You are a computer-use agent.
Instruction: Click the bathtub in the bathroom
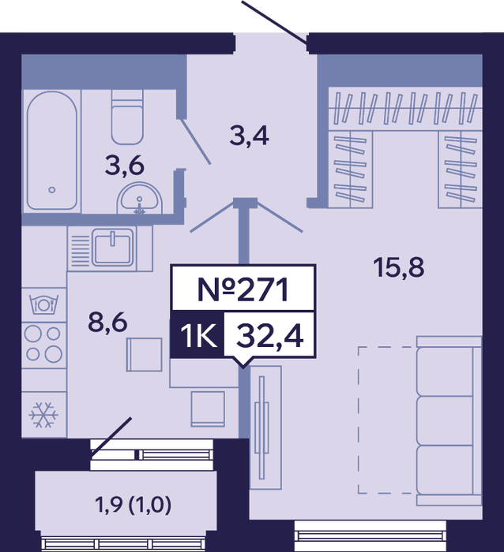tap(52, 151)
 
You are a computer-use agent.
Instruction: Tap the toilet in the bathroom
tap(127, 117)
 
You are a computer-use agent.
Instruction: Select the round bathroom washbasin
tap(139, 198)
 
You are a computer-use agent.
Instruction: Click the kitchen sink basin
tap(112, 247)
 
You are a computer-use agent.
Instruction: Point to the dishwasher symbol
tap(43, 304)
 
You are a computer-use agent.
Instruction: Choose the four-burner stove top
tap(43, 345)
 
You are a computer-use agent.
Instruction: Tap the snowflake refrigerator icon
tap(43, 415)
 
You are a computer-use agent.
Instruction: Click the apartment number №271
tap(243, 289)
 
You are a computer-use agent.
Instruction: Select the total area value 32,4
tap(270, 336)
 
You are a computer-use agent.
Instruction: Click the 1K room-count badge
tap(198, 335)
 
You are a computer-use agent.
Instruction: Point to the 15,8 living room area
tap(399, 267)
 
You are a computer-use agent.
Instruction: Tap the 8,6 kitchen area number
tap(107, 323)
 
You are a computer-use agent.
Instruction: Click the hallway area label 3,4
tap(250, 136)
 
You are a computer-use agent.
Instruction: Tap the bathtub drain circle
tap(52, 190)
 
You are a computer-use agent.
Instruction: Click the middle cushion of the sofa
tap(445, 420)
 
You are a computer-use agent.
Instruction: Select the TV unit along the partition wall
tap(265, 427)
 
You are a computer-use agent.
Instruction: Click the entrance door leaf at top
tap(274, 23)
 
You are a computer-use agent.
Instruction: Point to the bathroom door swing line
tap(195, 141)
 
